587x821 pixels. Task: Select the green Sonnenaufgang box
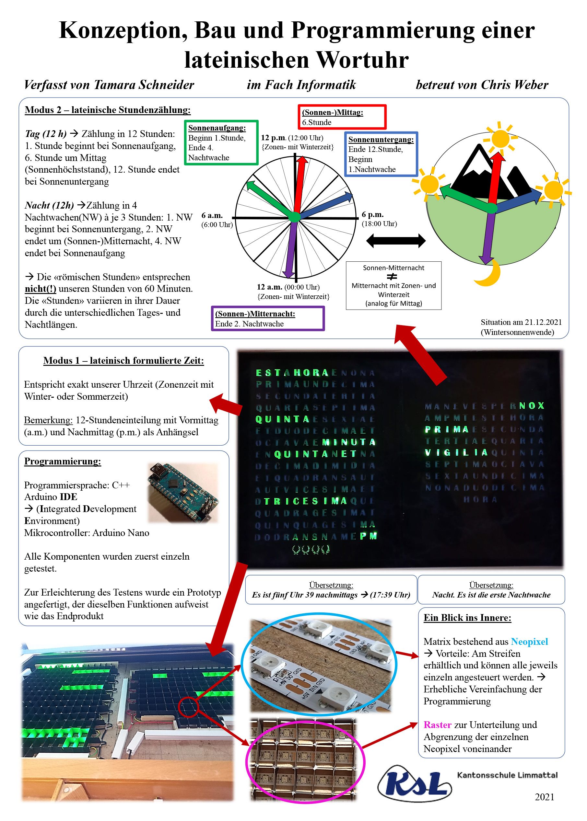(221, 143)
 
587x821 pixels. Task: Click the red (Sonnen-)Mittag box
(342, 117)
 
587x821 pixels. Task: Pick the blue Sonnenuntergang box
(381, 154)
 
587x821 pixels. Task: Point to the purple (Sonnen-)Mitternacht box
(267, 319)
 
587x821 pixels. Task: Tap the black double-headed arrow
(396, 241)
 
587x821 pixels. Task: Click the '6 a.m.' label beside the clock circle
(212, 216)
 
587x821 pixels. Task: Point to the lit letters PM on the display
(368, 536)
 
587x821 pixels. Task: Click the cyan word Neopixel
(529, 642)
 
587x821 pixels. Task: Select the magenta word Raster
(437, 725)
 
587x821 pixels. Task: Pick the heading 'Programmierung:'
(63, 462)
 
